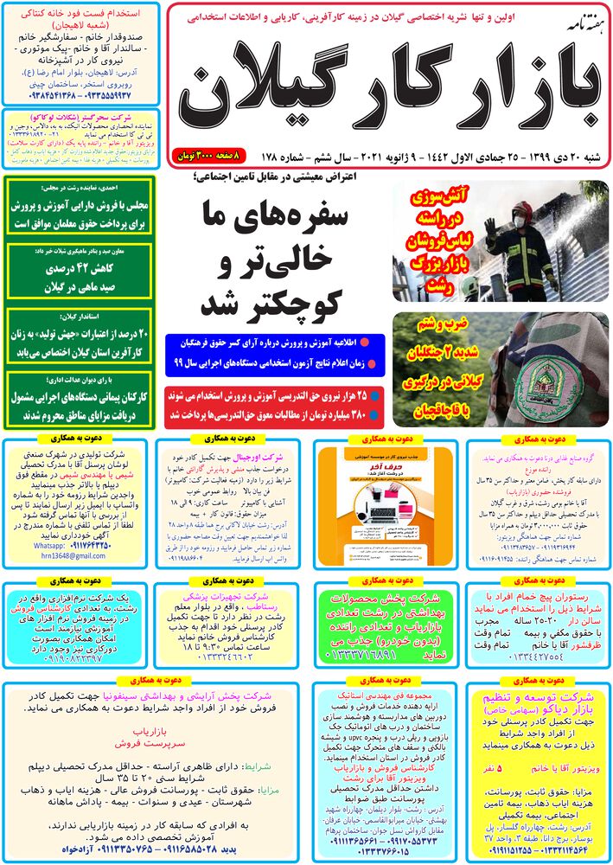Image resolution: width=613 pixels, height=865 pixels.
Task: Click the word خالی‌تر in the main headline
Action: click(259, 259)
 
